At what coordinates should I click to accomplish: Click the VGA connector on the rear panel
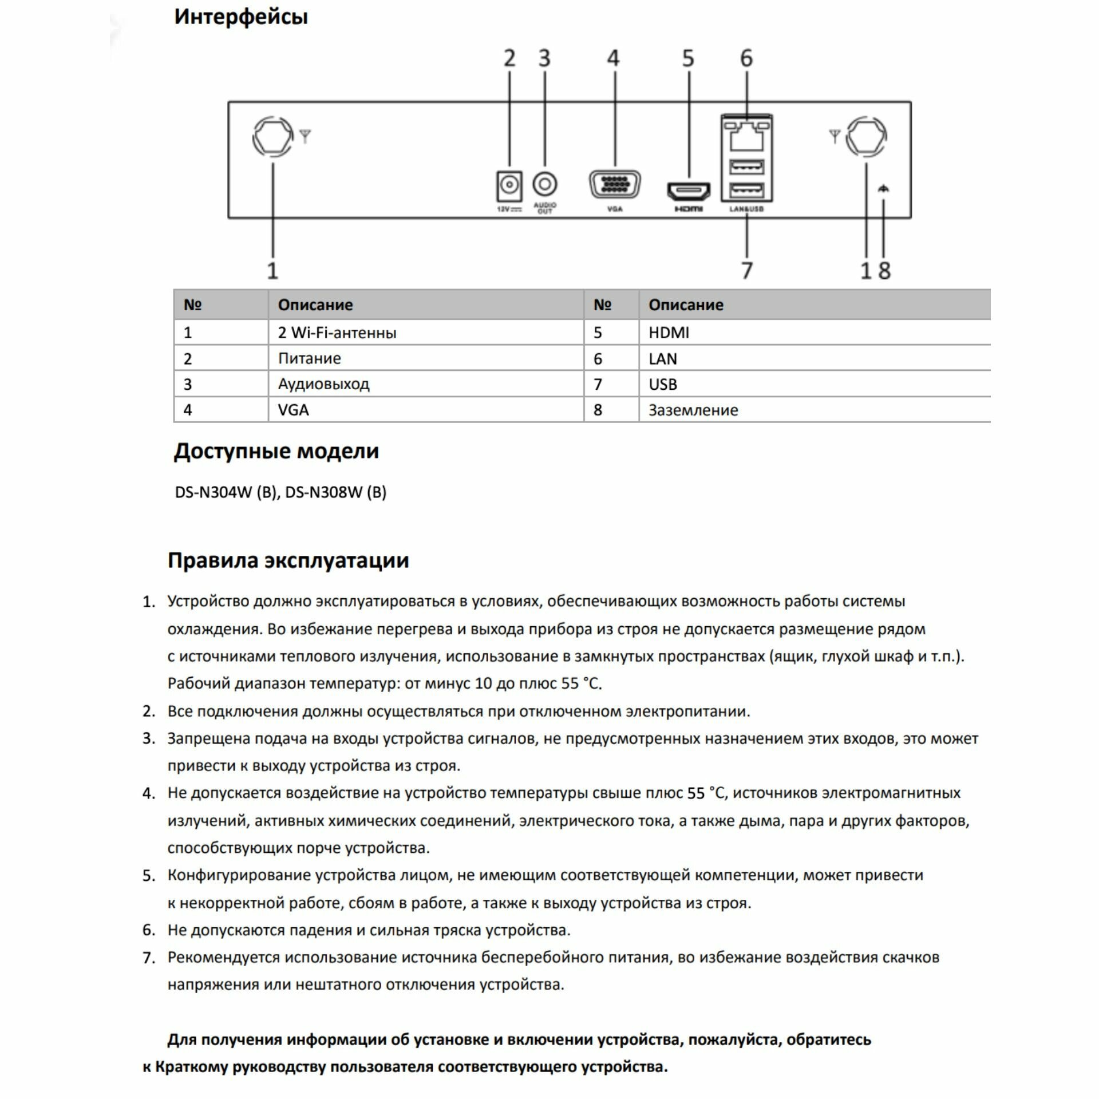click(614, 184)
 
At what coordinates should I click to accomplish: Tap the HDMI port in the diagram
click(688, 191)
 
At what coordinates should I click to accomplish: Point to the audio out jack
click(544, 184)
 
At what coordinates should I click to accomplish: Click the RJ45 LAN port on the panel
click(746, 136)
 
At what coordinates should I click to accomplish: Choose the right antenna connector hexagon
click(866, 137)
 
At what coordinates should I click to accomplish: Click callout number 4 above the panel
click(613, 58)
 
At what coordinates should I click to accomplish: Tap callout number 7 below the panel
click(746, 270)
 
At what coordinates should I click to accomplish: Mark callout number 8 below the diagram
click(884, 270)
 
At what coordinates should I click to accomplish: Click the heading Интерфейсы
click(241, 17)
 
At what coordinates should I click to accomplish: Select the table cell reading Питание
click(309, 358)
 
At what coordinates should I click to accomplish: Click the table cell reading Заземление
click(693, 410)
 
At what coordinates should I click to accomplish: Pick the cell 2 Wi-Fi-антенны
click(337, 333)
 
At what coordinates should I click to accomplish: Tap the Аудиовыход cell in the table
click(323, 384)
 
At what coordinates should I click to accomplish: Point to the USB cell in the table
click(662, 384)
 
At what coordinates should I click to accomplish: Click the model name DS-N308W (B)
click(335, 492)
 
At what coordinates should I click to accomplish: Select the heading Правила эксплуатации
click(288, 560)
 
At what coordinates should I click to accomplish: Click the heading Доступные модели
click(276, 451)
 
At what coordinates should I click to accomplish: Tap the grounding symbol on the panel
click(883, 189)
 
